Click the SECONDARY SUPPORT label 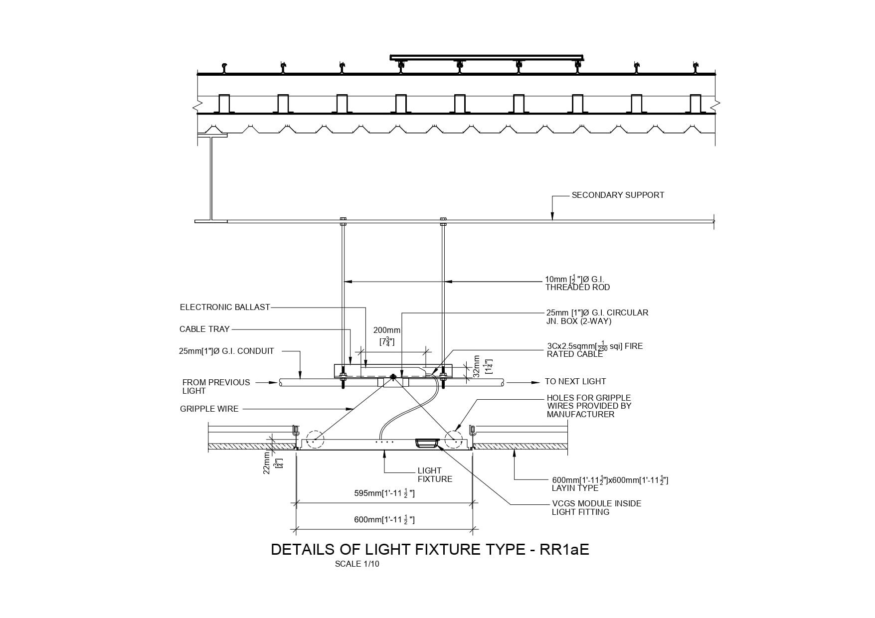pos(617,195)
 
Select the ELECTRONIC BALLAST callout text pos(224,308)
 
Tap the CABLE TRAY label pos(204,329)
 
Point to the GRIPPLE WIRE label pos(209,409)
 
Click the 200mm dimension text pos(387,330)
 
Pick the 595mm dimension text pos(384,494)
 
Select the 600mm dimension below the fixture pos(384,520)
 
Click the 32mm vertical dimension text pos(477,366)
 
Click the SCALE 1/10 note pos(357,564)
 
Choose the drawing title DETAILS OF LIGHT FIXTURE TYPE pos(430,549)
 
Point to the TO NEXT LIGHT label pos(575,382)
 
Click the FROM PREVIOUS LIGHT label pos(216,387)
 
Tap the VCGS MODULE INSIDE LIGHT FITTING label pos(596,508)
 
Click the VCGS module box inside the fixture pos(427,443)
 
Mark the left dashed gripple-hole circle pos(315,440)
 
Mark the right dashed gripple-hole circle pos(454,440)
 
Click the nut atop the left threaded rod pos(343,219)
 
